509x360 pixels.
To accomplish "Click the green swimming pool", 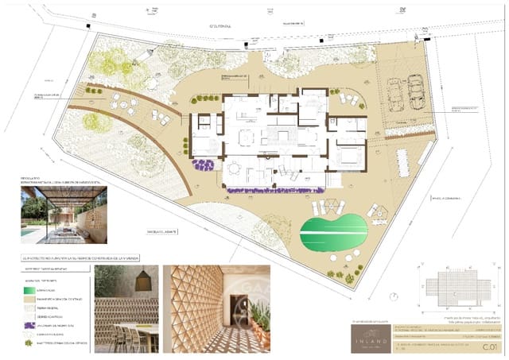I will pyautogui.click(x=335, y=233).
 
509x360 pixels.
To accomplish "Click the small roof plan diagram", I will pyautogui.click(x=456, y=287).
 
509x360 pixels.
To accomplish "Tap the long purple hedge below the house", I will pyautogui.click(x=275, y=190).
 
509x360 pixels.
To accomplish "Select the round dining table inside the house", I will pyautogui.click(x=234, y=168).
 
